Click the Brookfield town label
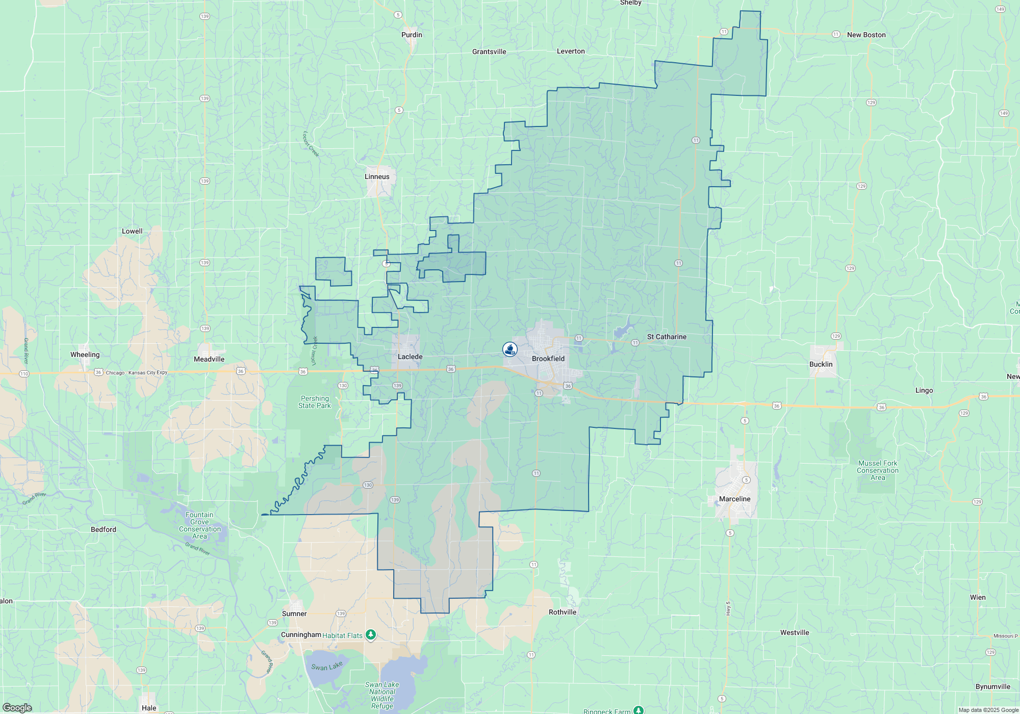coord(548,359)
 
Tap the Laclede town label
coord(410,356)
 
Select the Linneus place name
coord(377,176)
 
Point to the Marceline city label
coord(734,499)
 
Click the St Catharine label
coord(667,337)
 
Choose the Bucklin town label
coord(821,364)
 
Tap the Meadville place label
coord(209,359)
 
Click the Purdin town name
coord(412,35)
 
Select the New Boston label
coord(866,35)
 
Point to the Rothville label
coord(563,612)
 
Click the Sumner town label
coord(294,614)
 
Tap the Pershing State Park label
coord(315,402)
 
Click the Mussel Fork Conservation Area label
coord(877,470)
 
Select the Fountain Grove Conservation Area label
coord(199,525)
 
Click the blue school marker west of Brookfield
coord(510,349)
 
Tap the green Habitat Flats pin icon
coord(371,635)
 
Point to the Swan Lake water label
coord(327,667)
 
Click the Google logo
coord(17,707)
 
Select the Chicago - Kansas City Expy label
coord(136,372)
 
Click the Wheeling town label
coord(85,354)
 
